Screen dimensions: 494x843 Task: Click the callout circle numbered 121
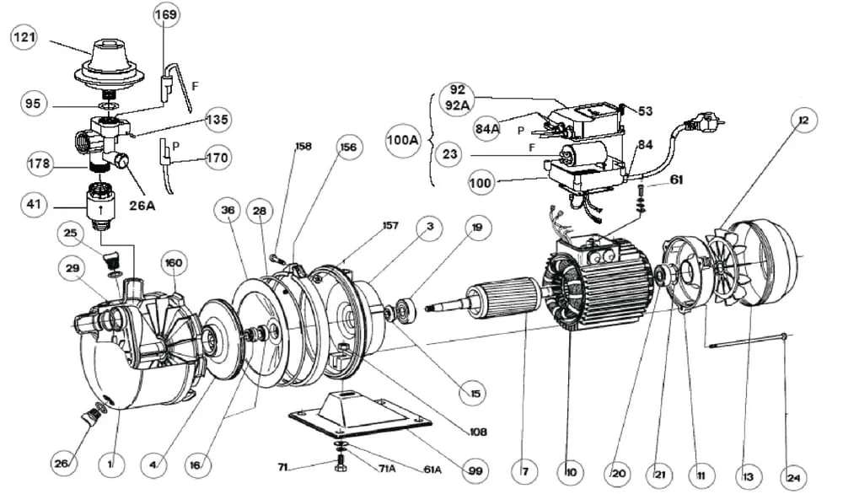coord(24,37)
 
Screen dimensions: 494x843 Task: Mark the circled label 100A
coord(402,140)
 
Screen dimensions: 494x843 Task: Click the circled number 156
coord(347,147)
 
